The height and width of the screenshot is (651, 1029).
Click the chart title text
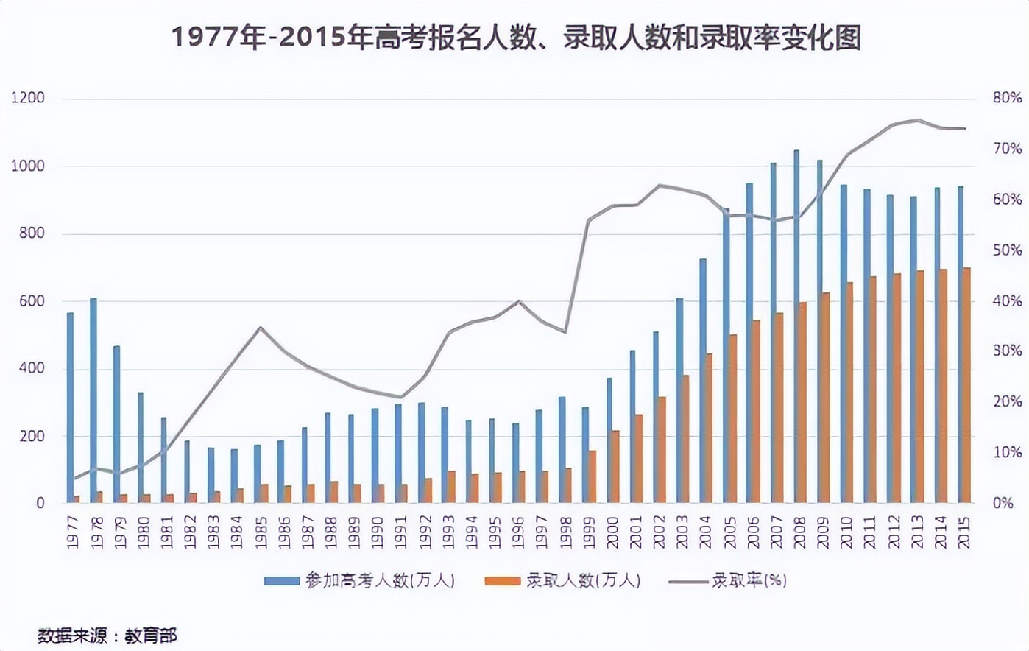pos(515,37)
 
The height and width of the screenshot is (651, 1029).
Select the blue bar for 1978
pos(93,401)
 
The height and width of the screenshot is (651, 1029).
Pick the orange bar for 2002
pos(662,450)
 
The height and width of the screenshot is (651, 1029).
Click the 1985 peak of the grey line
pos(261,327)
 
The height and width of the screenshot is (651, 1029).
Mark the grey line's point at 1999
pos(588,219)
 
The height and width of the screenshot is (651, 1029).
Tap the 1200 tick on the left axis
pos(28,98)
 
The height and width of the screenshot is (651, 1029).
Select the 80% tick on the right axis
pos(1007,98)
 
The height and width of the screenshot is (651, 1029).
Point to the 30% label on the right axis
pos(1007,351)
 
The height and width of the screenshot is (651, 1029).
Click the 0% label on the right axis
pos(1003,504)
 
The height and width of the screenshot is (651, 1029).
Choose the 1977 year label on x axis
pos(73,532)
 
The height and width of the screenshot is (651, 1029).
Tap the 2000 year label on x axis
pos(612,532)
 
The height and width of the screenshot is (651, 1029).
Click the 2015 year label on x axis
pos(963,532)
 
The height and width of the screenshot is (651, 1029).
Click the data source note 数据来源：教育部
pos(107,636)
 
